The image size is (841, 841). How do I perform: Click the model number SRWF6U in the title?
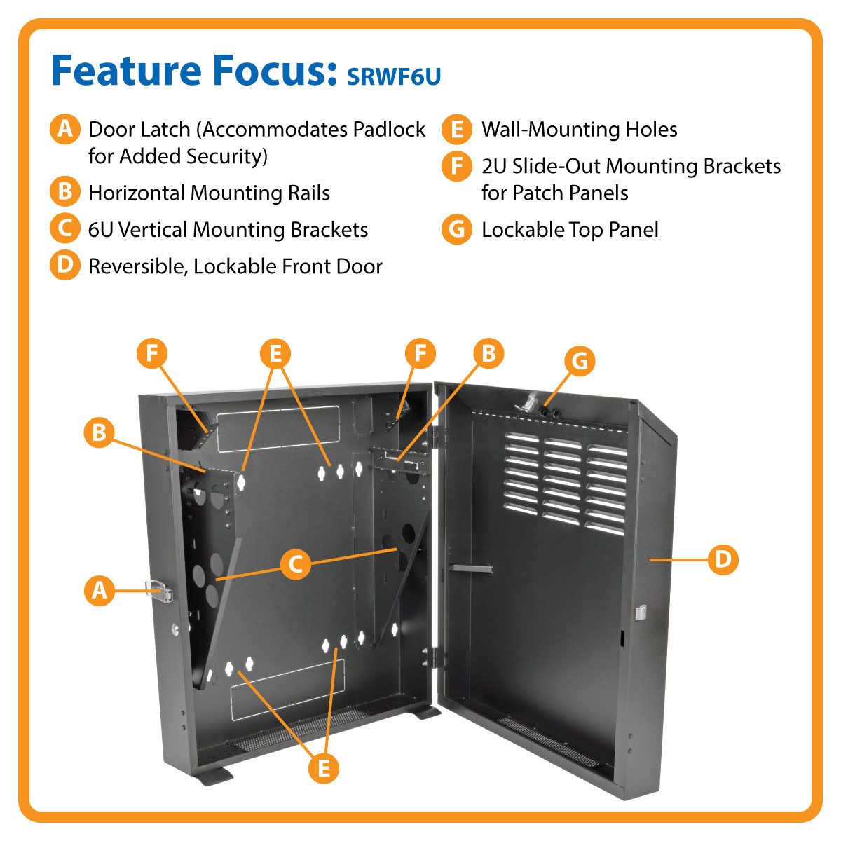(x=394, y=76)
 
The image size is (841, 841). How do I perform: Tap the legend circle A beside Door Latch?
(x=64, y=130)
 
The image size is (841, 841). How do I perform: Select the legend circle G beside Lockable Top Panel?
(x=457, y=230)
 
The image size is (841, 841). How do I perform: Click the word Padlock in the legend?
(x=389, y=130)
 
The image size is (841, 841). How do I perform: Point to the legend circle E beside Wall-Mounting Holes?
(x=457, y=130)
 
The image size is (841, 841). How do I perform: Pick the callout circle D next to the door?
(x=723, y=559)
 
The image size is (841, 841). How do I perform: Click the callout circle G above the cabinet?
(x=580, y=362)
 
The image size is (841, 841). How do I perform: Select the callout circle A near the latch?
(x=100, y=590)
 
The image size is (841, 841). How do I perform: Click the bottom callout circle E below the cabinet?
(x=323, y=768)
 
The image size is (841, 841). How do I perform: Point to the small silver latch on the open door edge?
(x=638, y=612)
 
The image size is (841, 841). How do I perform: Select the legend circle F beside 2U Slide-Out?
(x=457, y=167)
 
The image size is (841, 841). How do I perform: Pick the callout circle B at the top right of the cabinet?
(x=488, y=353)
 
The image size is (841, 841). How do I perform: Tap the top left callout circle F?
(x=152, y=353)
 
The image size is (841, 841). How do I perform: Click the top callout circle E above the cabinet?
(x=275, y=353)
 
